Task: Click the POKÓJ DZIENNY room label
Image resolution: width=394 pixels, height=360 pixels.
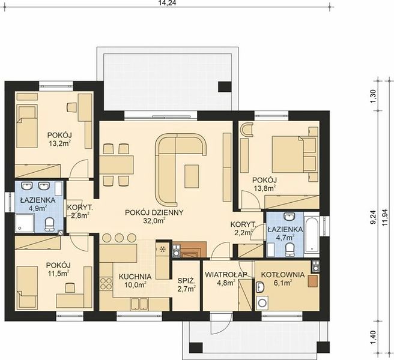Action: point(154,212)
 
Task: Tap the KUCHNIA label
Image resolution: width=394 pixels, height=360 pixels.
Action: point(135,277)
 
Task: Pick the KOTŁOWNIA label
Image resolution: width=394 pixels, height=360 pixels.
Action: point(283,275)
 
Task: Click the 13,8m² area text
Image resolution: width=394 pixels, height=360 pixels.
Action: point(264,188)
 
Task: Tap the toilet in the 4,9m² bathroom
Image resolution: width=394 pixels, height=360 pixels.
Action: point(49,224)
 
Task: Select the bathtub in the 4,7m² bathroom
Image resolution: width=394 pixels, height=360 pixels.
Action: point(311,235)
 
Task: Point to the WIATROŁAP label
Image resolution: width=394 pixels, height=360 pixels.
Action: point(226,275)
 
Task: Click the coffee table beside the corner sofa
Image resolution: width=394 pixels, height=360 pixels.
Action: point(192,176)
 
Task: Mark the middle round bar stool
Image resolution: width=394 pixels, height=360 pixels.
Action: point(119,238)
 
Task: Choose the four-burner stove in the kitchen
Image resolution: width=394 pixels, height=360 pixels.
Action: point(106,284)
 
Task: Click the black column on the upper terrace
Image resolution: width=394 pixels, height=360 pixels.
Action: point(225,87)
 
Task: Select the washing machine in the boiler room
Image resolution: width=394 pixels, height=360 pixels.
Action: point(262,303)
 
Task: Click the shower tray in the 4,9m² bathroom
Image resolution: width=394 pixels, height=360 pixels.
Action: point(25,223)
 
